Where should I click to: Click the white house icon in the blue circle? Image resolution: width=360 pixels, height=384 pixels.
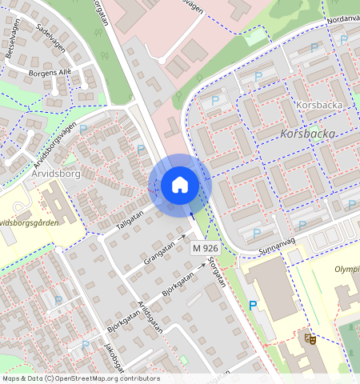tap(180, 185)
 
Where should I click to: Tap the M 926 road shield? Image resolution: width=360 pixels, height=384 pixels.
tap(205, 250)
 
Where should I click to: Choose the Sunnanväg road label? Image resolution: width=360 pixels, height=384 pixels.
tap(277, 251)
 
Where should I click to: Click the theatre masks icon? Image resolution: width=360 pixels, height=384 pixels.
tap(310, 339)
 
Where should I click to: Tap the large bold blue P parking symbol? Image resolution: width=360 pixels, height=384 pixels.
tap(253, 306)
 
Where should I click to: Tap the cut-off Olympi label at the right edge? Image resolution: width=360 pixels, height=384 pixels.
tap(346, 270)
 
